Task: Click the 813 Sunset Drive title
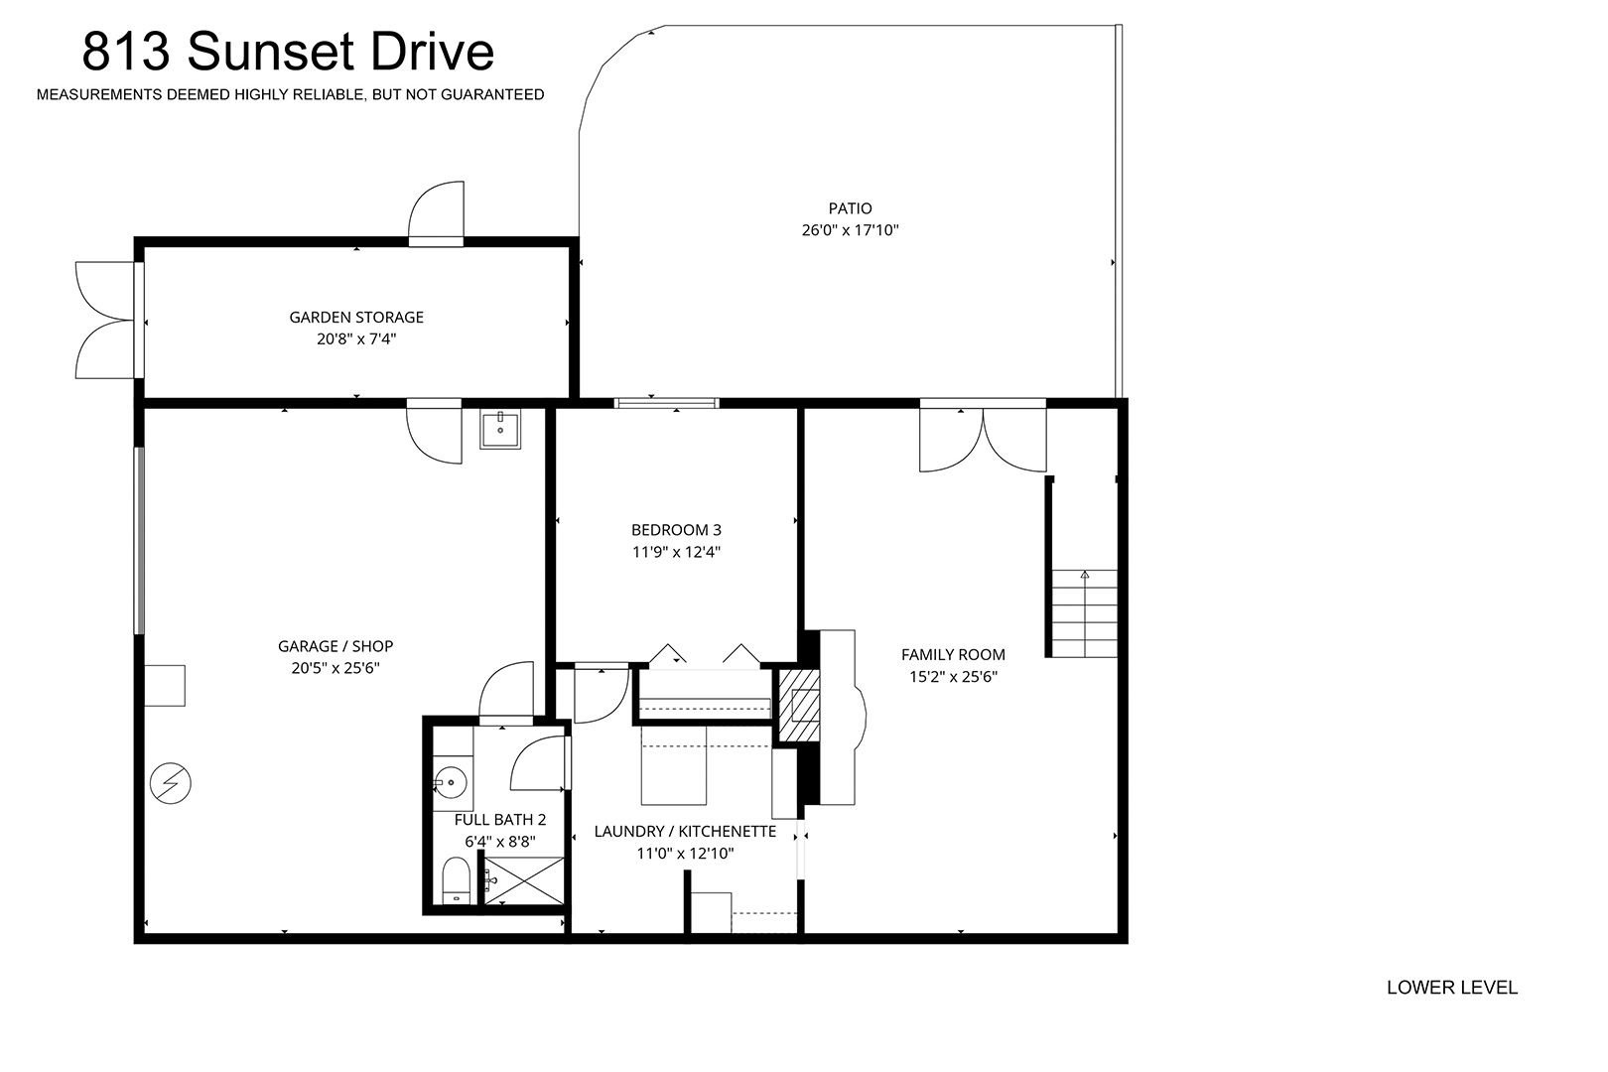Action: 288,51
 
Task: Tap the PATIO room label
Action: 850,208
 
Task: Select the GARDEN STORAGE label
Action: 356,317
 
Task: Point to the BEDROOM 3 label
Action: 676,530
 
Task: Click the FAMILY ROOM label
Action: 953,655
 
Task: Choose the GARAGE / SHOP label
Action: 335,646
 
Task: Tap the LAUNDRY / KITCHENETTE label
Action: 685,832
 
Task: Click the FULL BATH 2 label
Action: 500,819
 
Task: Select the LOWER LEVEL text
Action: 1452,988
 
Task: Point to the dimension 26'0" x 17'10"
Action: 850,230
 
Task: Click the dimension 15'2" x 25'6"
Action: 953,677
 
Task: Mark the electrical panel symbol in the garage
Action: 171,782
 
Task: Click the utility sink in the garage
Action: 500,430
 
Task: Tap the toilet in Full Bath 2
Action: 456,880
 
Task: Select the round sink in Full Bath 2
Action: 451,782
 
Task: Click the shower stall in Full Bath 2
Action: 523,881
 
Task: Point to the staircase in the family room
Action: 1084,613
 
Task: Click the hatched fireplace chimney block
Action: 800,706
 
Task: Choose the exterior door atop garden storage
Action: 437,212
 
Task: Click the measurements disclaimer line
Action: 290,94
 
